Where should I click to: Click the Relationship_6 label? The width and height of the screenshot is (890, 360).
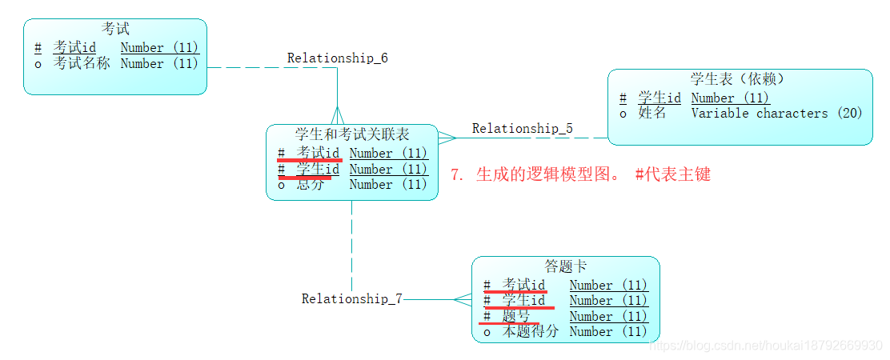pyautogui.click(x=337, y=58)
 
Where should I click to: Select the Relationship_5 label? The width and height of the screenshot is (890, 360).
pyautogui.click(x=522, y=128)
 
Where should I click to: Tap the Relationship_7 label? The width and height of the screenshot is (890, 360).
pyautogui.click(x=351, y=298)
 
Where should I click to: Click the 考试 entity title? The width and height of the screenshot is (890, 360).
pyautogui.click(x=115, y=30)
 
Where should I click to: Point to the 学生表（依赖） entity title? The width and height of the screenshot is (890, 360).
pyautogui.click(x=737, y=79)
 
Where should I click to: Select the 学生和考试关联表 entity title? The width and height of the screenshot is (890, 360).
pyautogui.click(x=351, y=134)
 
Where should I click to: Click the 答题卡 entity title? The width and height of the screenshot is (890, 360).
pyautogui.click(x=565, y=266)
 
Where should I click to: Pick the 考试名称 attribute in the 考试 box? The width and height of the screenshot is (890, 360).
pyautogui.click(x=82, y=63)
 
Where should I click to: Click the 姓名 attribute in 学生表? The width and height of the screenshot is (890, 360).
pyautogui.click(x=652, y=114)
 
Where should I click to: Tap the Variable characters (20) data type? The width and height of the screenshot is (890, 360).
pyautogui.click(x=776, y=114)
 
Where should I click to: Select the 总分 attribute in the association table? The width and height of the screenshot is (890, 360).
pyautogui.click(x=311, y=184)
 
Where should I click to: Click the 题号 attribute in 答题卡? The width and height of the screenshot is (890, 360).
pyautogui.click(x=516, y=316)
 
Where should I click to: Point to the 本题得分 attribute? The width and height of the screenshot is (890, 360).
pyautogui.click(x=530, y=331)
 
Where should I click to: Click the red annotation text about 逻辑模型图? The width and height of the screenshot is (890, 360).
pyautogui.click(x=580, y=174)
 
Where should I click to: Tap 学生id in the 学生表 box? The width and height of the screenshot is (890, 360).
pyautogui.click(x=659, y=98)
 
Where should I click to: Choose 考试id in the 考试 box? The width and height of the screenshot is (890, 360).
pyautogui.click(x=74, y=48)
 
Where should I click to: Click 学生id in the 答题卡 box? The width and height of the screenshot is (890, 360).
pyautogui.click(x=523, y=301)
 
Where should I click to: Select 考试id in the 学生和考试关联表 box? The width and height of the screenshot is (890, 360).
pyautogui.click(x=318, y=153)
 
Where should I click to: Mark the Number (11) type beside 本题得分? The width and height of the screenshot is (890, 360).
pyautogui.click(x=607, y=331)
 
